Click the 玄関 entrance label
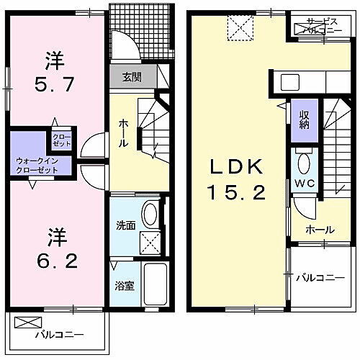tap(131, 77)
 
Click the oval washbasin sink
tap(150, 213)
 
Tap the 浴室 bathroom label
tap(125, 286)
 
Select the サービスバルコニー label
tap(325, 27)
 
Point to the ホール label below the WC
tap(319, 230)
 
